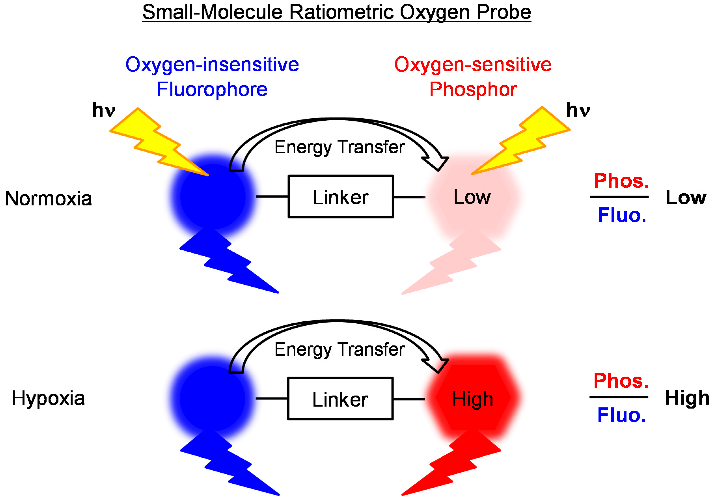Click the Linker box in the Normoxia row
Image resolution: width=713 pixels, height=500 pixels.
click(x=341, y=197)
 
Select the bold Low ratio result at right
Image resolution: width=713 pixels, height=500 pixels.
click(x=686, y=197)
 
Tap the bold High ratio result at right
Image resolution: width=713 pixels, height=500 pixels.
click(x=687, y=398)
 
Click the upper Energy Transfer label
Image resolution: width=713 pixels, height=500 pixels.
click(x=340, y=147)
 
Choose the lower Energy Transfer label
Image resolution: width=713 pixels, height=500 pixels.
click(x=340, y=349)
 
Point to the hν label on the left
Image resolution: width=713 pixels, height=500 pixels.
click(x=104, y=110)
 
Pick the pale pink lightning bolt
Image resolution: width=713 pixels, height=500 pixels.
click(x=453, y=264)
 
